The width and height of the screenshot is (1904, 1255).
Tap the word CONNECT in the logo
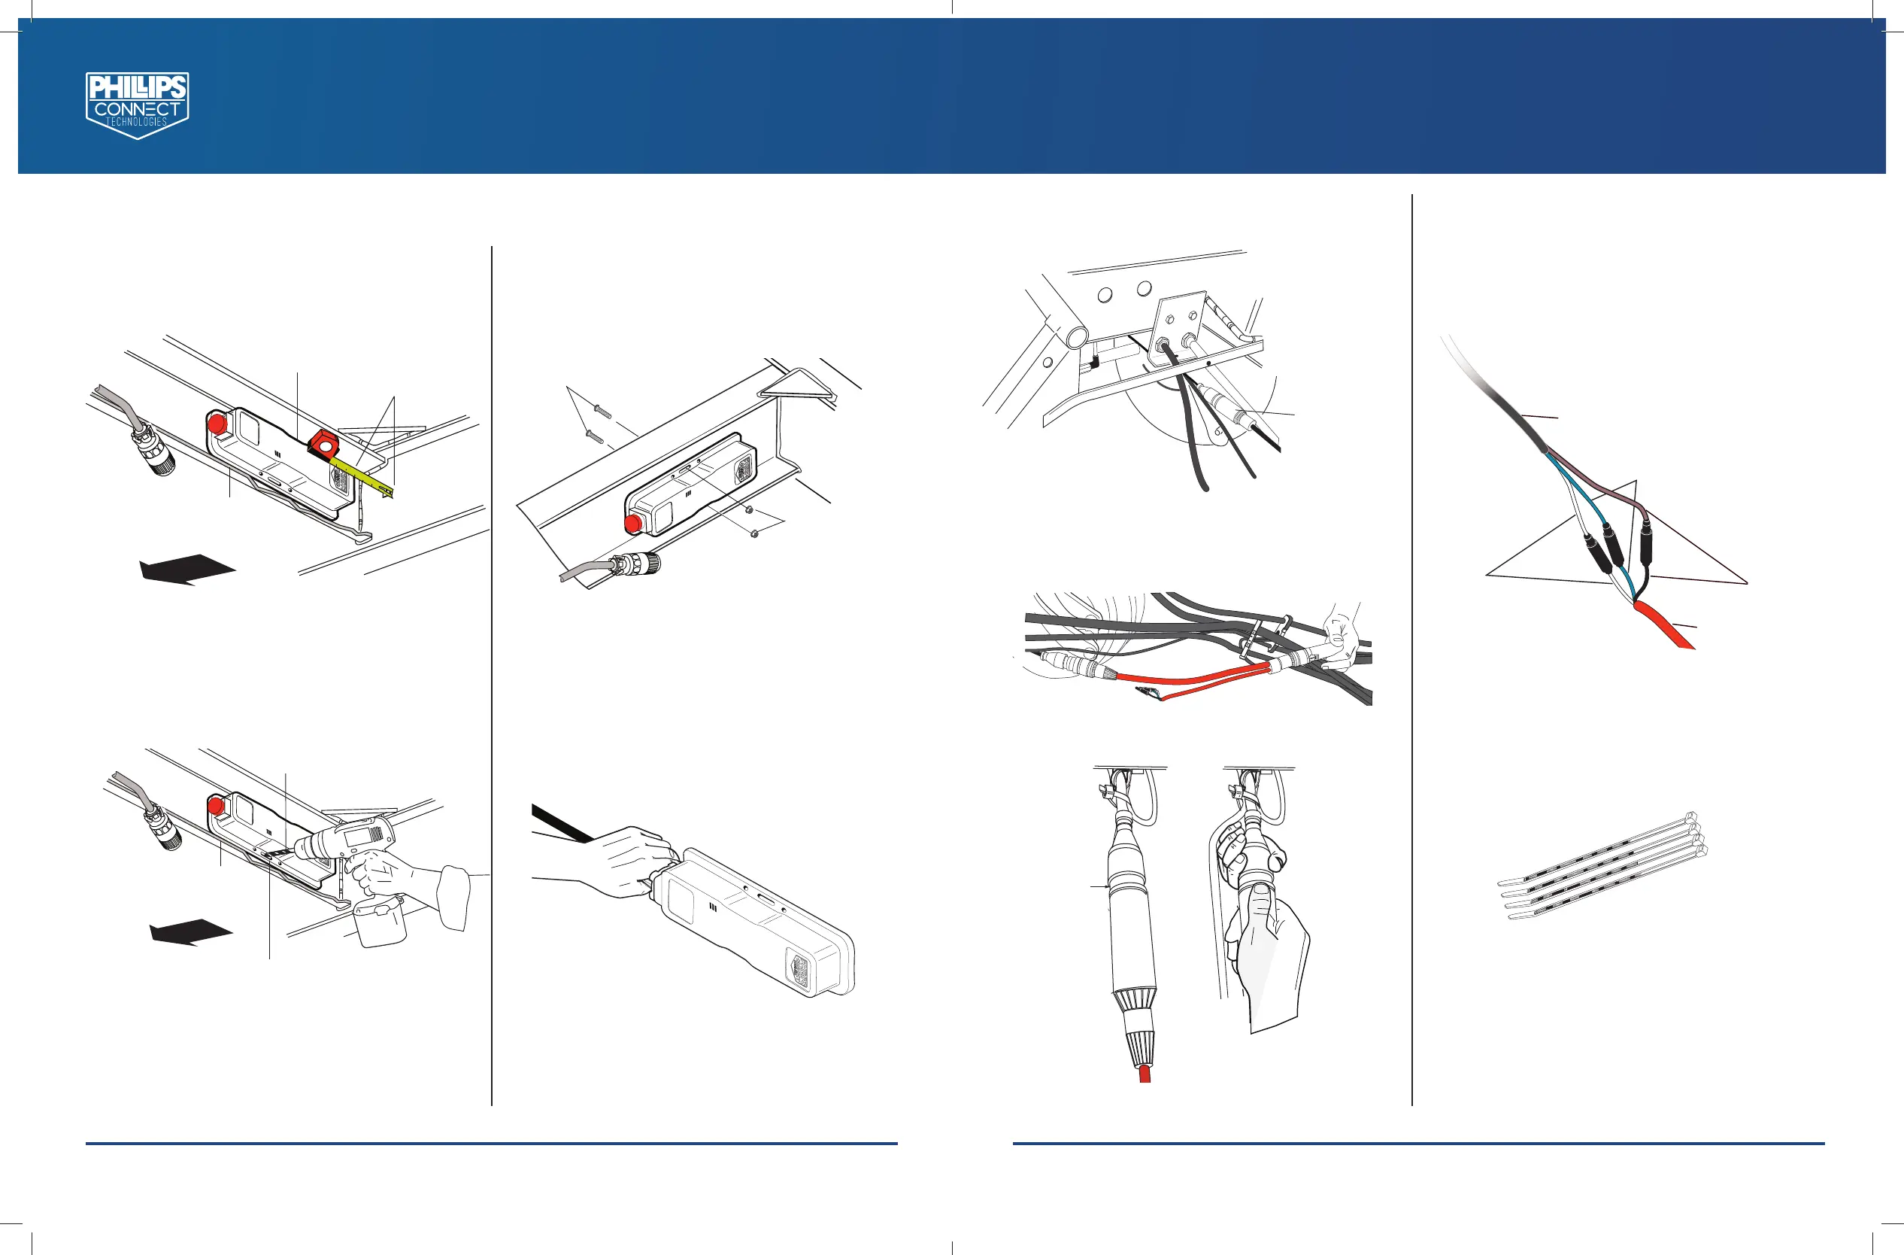tap(138, 109)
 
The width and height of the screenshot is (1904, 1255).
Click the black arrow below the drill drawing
tap(190, 931)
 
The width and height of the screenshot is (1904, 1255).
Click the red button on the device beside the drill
tap(215, 805)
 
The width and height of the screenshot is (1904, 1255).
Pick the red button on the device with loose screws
tap(634, 524)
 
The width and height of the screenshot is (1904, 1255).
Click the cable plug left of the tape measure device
tap(155, 452)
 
